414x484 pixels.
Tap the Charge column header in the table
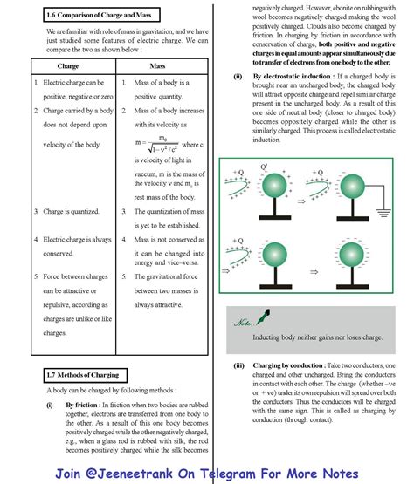point(68,66)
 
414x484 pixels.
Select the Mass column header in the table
point(157,66)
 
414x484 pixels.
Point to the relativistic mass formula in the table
point(156,144)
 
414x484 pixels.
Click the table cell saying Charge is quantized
point(71,211)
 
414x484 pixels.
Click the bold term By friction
point(81,405)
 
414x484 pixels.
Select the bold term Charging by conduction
point(289,365)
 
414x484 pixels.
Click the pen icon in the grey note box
point(263,317)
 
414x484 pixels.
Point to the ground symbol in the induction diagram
point(383,213)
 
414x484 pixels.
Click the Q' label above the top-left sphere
point(264,167)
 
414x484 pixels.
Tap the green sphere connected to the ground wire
point(352,186)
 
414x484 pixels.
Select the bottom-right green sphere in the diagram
point(351,255)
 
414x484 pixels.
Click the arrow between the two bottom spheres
point(314,272)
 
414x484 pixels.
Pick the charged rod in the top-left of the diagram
point(237,187)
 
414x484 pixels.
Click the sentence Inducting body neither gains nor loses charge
point(318,337)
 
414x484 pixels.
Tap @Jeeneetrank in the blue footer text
point(128,474)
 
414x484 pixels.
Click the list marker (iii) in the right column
point(238,365)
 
